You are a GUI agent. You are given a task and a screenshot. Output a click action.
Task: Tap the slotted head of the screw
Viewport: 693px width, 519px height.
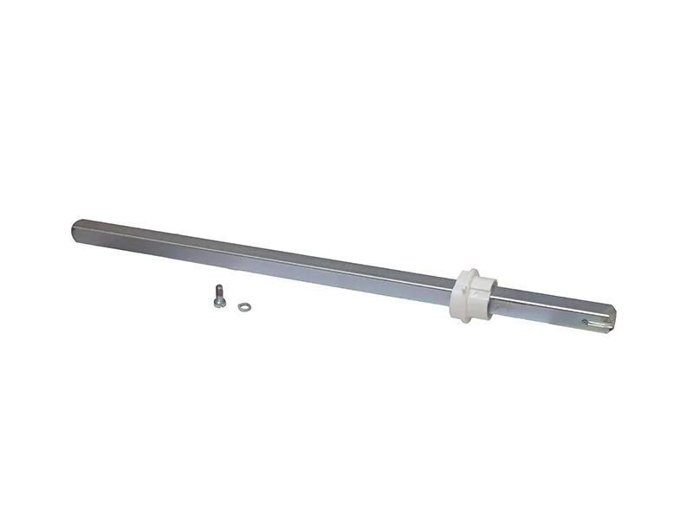[213, 296]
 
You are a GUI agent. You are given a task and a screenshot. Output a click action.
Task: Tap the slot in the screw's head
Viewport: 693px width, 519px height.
[212, 296]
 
